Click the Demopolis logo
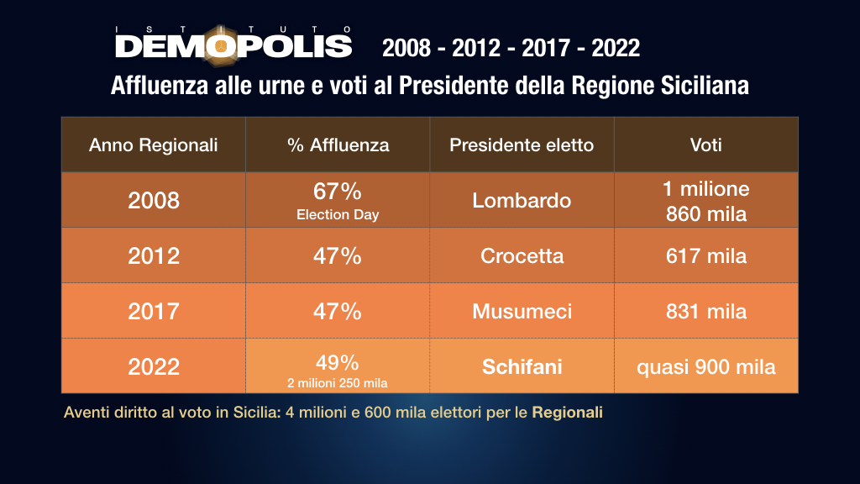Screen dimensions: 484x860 pos(233,43)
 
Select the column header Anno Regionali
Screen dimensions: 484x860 pos(153,145)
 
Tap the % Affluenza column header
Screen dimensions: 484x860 pos(338,145)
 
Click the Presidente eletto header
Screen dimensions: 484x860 pos(522,145)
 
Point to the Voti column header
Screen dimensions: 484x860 pos(705,145)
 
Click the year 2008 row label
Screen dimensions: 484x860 pos(153,200)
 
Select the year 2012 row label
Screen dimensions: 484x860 pos(153,255)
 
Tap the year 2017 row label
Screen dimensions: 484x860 pos(153,311)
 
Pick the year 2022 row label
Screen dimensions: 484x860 pos(153,366)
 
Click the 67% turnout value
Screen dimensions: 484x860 pos(338,191)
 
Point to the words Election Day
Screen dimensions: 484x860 pos(338,214)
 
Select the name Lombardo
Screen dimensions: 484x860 pos(522,200)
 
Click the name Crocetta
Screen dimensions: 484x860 pos(522,255)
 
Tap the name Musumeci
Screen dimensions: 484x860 pos(522,311)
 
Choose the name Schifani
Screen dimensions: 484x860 pos(522,366)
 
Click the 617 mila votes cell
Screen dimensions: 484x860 pos(705,255)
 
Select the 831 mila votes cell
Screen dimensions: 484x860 pos(705,311)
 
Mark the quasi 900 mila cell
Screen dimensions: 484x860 pos(705,366)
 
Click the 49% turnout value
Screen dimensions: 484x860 pos(338,362)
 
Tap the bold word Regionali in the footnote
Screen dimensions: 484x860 pos(567,413)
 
